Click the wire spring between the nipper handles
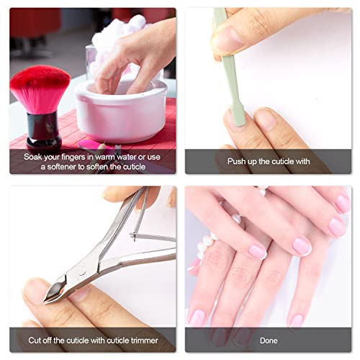click(x=148, y=236)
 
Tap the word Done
click(x=269, y=340)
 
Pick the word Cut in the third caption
click(x=38, y=340)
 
